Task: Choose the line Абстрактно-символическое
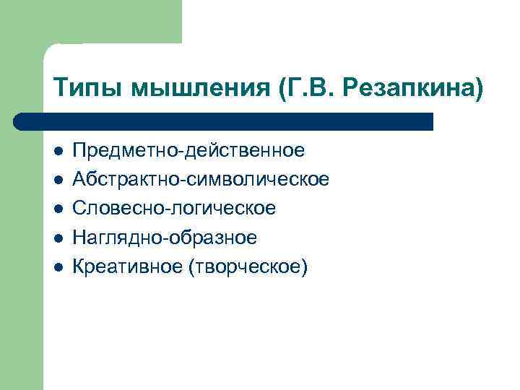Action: tap(201, 180)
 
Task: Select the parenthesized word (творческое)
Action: tap(247, 267)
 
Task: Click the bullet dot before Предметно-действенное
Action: tap(58, 152)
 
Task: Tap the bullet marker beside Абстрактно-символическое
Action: tap(58, 181)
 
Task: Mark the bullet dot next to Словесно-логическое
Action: tap(58, 209)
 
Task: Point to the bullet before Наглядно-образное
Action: tap(58, 238)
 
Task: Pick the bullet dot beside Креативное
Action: tap(58, 267)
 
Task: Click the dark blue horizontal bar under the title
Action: tap(231, 121)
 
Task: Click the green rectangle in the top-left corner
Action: tap(108, 22)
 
